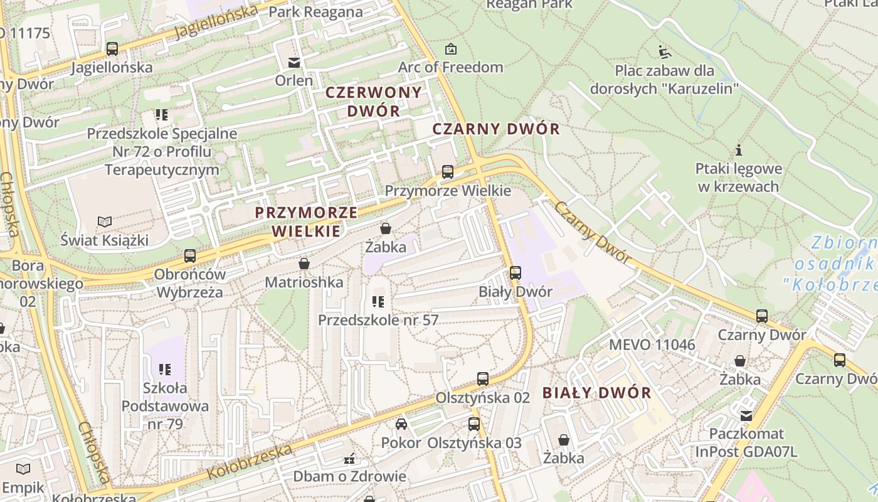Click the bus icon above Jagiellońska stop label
pos(112,48)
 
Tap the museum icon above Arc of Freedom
pos(450,48)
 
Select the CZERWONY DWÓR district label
pos(373,102)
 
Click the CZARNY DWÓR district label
pos(496,129)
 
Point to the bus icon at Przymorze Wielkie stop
pos(447,171)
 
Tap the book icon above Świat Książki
pos(105,222)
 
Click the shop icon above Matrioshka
pos(304,264)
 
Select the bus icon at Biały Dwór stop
pos(515,273)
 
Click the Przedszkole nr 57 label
pos(378,320)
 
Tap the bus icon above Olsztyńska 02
pos(482,378)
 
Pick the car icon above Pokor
pos(401,424)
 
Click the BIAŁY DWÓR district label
pos(596,393)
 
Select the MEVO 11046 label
pos(652,344)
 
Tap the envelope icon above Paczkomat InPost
pos(746,415)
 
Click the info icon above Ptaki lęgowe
pos(739,150)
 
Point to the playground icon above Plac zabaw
pos(664,51)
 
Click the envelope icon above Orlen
pos(294,62)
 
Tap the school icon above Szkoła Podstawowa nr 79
pos(165,370)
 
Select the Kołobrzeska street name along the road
pos(249,462)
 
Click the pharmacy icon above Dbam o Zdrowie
pos(349,459)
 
